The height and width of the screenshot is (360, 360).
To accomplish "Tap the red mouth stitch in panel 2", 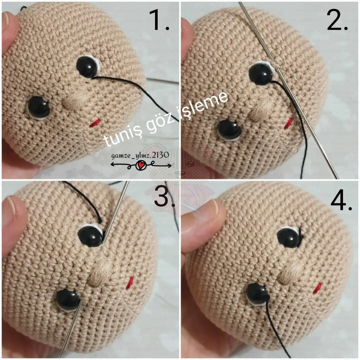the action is click(x=289, y=123).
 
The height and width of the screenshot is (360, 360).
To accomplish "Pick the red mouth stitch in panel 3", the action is click(x=130, y=282).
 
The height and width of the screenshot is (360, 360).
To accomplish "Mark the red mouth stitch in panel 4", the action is click(x=317, y=288).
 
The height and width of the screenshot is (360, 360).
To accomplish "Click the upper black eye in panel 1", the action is click(x=87, y=67).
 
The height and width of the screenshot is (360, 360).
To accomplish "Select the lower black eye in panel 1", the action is click(x=38, y=107).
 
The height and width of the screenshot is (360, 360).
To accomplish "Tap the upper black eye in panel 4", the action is click(x=288, y=238).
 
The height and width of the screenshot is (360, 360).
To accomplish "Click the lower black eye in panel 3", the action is click(x=68, y=300).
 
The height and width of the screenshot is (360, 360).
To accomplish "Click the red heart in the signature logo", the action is click(x=140, y=165).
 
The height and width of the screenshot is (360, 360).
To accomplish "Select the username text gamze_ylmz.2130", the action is click(x=140, y=155).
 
